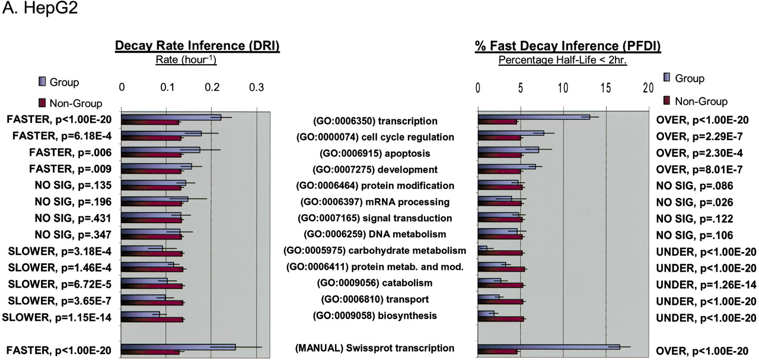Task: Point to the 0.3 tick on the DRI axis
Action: click(x=256, y=87)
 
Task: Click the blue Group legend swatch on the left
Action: click(x=43, y=82)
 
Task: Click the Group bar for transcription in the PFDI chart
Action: click(x=534, y=117)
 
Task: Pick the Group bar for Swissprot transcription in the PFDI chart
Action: click(x=548, y=347)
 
